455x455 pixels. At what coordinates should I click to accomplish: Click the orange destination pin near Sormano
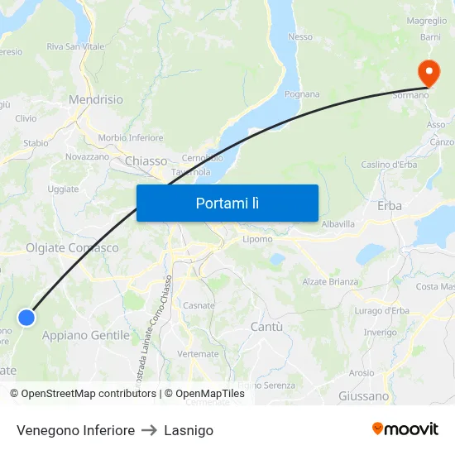tap(429, 73)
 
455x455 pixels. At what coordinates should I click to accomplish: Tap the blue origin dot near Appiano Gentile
tap(26, 317)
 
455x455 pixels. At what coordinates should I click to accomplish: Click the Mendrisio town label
tap(95, 99)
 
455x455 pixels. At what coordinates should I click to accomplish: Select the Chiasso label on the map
tap(146, 160)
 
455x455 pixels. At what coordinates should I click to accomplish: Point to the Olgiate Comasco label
tap(72, 247)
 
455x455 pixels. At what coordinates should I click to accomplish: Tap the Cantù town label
tap(266, 327)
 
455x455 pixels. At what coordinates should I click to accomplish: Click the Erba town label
tap(389, 205)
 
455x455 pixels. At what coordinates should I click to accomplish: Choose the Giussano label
tap(363, 396)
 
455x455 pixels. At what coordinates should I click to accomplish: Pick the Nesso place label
tap(299, 36)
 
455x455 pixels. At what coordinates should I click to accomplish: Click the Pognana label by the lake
tap(302, 94)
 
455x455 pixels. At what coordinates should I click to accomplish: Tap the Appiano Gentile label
tap(85, 335)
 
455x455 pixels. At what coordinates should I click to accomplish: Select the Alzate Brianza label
tap(331, 282)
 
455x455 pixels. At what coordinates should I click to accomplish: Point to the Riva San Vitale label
tap(75, 46)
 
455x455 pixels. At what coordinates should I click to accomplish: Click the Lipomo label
tap(258, 239)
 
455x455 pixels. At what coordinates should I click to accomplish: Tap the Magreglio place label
tap(427, 21)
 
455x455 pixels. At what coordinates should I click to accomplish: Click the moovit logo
tap(405, 429)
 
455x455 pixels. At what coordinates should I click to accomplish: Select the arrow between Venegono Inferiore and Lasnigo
tap(149, 430)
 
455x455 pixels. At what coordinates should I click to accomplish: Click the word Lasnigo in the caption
tap(189, 430)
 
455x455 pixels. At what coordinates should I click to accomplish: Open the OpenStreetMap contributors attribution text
tap(88, 394)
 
